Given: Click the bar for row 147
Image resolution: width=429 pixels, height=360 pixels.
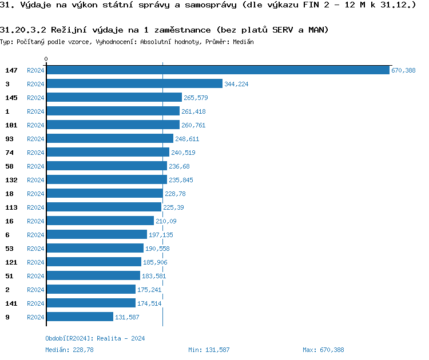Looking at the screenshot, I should tap(217, 70).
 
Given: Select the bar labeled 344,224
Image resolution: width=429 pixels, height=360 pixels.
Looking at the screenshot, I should tap(134, 83).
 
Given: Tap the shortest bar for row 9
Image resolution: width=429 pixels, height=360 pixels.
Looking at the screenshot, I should tap(80, 317).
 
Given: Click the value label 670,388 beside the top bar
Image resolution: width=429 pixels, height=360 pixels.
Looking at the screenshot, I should tap(403, 70).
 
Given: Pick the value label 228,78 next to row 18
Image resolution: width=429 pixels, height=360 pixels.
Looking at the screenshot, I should tap(176, 194).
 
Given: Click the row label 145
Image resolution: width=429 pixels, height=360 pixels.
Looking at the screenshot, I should tap(11, 97).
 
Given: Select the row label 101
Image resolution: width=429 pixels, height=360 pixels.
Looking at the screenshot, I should tap(11, 125).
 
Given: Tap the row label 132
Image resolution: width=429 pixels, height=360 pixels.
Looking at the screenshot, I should tap(11, 179).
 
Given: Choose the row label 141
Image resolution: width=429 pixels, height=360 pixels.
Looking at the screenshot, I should tap(11, 303).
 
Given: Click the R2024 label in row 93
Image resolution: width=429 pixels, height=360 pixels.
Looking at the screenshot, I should tap(35, 139).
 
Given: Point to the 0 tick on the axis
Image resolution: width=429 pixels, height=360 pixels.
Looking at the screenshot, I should tap(46, 59).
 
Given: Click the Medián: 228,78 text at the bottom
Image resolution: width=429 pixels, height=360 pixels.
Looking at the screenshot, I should tap(69, 350).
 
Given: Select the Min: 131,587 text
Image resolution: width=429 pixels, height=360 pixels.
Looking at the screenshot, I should tap(209, 350).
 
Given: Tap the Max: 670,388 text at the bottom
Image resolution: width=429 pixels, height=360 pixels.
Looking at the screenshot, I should tap(323, 350).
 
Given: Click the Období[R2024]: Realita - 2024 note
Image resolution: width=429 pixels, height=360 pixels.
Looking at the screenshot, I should tap(95, 338).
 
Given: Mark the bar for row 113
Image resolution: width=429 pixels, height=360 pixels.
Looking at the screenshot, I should tap(104, 207).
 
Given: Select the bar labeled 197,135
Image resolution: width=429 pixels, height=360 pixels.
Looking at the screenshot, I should tap(97, 234).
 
